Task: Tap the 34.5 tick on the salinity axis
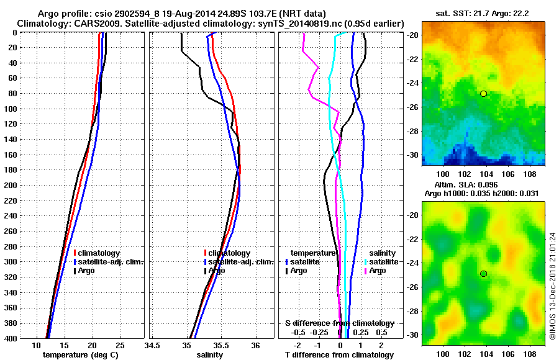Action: [153, 345]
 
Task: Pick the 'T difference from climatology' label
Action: [339, 355]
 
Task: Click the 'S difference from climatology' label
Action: [339, 323]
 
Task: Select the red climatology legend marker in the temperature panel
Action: [75, 253]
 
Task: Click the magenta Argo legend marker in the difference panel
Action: [365, 271]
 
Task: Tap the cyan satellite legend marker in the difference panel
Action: [365, 262]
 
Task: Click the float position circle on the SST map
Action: [483, 93]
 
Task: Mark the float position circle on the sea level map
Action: [483, 274]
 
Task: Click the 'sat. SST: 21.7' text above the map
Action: [457, 13]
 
